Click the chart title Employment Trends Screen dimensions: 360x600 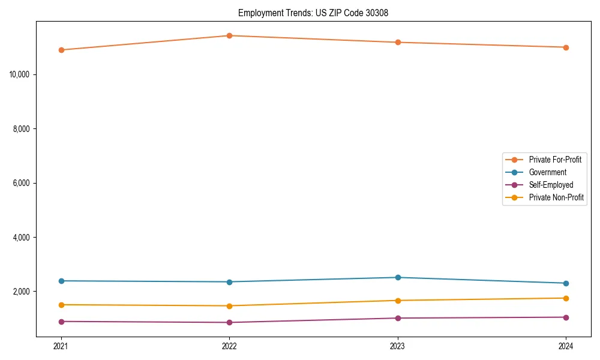313,13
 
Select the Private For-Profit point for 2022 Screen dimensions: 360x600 229,35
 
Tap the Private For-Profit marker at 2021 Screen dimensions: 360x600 61,50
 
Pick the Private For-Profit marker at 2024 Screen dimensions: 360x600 566,47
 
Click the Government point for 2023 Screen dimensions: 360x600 398,277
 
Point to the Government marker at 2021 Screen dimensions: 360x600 61,281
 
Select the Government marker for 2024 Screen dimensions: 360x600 566,283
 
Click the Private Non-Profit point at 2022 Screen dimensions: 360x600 229,306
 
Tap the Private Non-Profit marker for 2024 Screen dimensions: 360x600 566,298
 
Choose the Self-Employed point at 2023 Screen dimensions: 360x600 398,318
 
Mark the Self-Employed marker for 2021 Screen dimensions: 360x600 61,322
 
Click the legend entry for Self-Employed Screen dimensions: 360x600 551,185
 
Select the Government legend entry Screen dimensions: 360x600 547,172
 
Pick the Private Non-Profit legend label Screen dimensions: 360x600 556,197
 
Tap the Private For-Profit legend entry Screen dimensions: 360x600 555,160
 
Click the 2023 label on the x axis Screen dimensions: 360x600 398,346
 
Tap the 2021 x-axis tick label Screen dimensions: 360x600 61,346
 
